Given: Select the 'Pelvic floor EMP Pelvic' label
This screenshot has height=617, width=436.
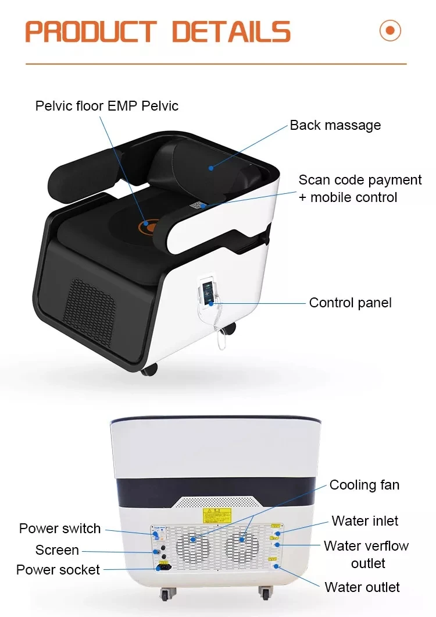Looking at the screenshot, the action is pyautogui.click(x=107, y=105).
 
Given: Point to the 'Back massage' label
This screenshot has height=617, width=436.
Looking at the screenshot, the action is pyautogui.click(x=335, y=125).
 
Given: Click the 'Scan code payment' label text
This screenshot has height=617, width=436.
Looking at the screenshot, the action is pyautogui.click(x=360, y=180).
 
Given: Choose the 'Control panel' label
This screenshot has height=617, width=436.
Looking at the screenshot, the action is pyautogui.click(x=350, y=303).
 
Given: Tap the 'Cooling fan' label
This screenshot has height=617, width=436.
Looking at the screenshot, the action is pyautogui.click(x=364, y=485).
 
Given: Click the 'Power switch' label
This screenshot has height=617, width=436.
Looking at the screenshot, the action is pyautogui.click(x=60, y=529).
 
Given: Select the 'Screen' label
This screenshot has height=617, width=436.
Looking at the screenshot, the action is pyautogui.click(x=57, y=550).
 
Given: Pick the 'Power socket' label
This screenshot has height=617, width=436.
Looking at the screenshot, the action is pyautogui.click(x=58, y=570).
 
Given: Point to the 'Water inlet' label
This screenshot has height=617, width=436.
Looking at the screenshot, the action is pyautogui.click(x=365, y=520).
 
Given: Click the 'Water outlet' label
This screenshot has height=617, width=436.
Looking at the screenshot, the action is pyautogui.click(x=362, y=587).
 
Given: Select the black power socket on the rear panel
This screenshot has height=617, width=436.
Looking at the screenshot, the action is pyautogui.click(x=162, y=566).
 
